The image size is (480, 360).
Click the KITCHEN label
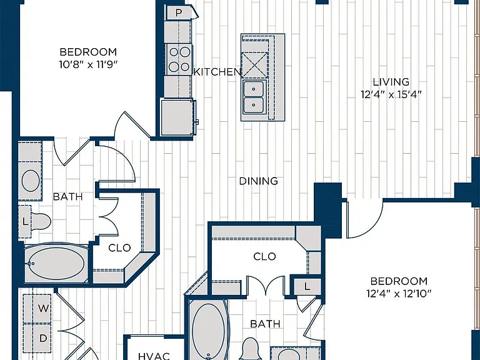click(217, 72)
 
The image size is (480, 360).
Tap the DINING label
click(258, 181)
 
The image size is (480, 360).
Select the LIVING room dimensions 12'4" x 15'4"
click(391, 94)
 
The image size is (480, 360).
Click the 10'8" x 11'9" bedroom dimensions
click(88, 64)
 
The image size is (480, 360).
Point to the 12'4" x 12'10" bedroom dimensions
click(399, 294)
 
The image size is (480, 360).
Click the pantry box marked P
click(179, 13)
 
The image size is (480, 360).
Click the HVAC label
click(154, 356)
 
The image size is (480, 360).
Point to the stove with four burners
click(179, 59)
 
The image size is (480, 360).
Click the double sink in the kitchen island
click(254, 96)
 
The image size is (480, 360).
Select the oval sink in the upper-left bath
click(31, 181)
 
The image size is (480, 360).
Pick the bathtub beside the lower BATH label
click(208, 329)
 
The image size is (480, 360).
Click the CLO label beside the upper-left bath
click(119, 247)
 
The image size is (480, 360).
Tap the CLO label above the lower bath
click(264, 256)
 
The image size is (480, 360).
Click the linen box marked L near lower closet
click(307, 286)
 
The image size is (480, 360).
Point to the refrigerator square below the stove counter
click(177, 117)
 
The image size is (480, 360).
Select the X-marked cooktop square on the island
click(254, 65)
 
